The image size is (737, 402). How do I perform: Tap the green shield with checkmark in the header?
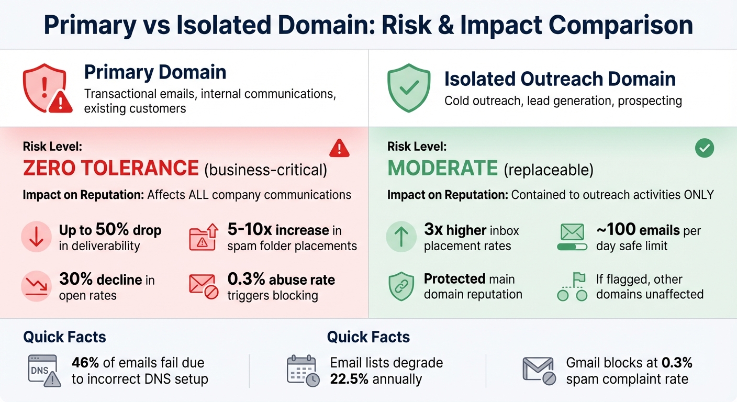coord(408,88)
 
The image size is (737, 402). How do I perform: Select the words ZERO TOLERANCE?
coord(110,169)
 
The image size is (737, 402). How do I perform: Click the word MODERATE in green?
coord(442,169)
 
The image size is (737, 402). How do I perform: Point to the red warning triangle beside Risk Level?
coord(339,149)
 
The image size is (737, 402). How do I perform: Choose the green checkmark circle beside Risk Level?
coord(704,149)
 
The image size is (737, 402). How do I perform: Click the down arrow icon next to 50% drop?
coord(36,237)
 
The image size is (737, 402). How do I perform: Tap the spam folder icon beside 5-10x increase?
coord(203,237)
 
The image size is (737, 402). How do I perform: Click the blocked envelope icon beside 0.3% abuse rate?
coord(203,286)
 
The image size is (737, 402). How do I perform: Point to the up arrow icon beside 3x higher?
coord(401,237)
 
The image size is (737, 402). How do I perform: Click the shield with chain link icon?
coord(401,286)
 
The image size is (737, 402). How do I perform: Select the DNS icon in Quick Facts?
coord(42,371)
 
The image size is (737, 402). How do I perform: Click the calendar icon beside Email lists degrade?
coord(302,371)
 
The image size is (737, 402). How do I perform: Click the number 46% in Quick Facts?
coord(86,362)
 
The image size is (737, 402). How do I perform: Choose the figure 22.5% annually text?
coord(376,379)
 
